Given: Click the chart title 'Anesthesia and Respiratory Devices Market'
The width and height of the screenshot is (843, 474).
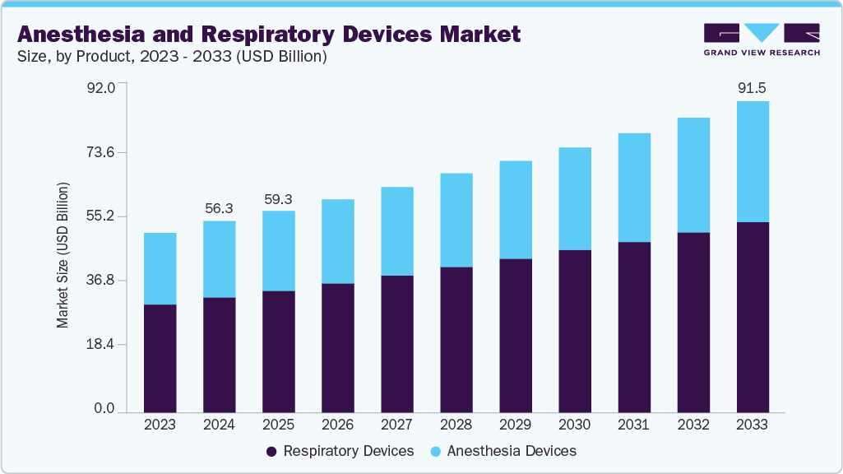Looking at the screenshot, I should coord(269,34).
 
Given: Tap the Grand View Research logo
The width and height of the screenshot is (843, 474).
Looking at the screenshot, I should coord(762,39).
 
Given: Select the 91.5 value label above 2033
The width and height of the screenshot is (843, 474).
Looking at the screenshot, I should coord(752,87).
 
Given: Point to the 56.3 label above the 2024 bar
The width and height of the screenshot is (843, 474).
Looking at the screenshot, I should coord(220,209).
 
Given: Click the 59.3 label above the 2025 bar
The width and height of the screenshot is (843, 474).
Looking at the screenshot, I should coord(279,199).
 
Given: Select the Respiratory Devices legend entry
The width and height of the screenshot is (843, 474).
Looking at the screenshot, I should coord(340,451).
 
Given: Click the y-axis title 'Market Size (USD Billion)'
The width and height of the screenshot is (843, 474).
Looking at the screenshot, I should coord(63,255).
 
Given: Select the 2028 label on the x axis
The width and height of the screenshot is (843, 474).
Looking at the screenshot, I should coord(456,425).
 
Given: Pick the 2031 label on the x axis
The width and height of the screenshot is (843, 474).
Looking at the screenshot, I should coord(633,425).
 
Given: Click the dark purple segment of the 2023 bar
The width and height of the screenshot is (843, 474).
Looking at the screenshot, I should coord(160,358).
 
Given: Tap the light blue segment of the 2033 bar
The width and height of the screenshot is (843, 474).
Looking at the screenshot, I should coord(753,161).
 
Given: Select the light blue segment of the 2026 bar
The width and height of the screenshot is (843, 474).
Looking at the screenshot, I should coord(338,241).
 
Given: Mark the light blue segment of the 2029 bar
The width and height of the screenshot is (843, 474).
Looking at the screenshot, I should coord(516,210).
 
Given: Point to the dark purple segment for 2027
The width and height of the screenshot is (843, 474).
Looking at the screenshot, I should coord(397,343).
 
